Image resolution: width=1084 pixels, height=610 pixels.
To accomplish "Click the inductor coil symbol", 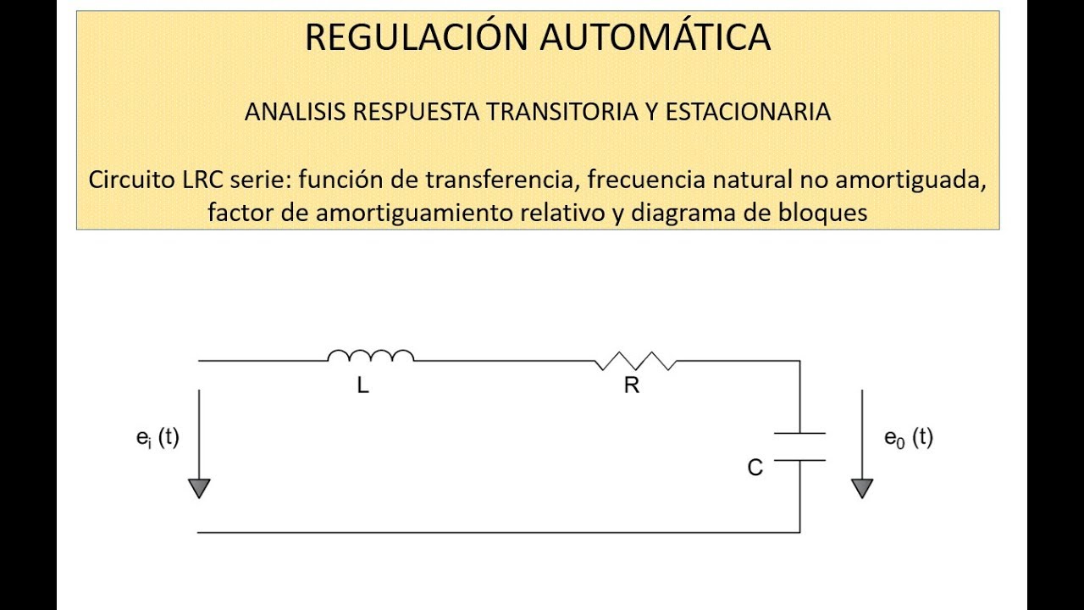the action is (371, 356).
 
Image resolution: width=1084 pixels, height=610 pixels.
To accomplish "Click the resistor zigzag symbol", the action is (635, 363).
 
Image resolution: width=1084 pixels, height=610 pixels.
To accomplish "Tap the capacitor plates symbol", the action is (799, 446).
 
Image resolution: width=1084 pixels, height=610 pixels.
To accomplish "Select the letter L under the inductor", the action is (363, 386).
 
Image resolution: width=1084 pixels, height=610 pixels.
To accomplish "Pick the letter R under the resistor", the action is (631, 386).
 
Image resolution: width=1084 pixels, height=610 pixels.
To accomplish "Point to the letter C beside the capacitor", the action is (755, 468).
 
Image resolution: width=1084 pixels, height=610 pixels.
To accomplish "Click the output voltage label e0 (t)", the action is (909, 438).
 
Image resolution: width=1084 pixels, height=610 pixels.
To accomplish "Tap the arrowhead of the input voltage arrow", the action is (199, 488).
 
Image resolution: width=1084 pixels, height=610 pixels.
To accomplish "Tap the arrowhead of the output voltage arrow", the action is (862, 488).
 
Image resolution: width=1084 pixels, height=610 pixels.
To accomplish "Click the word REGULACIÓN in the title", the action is (415, 37).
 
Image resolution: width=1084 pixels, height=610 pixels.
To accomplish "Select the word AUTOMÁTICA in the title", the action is (655, 37).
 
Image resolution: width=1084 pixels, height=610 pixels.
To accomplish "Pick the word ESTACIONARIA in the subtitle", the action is (748, 112).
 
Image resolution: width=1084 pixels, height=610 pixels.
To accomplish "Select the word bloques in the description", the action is (822, 213).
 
